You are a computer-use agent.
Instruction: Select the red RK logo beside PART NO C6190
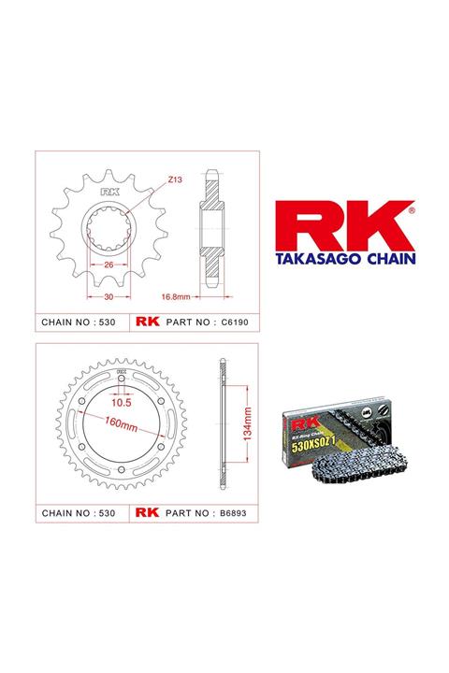click(149, 322)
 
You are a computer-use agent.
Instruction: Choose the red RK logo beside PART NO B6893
click(149, 512)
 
